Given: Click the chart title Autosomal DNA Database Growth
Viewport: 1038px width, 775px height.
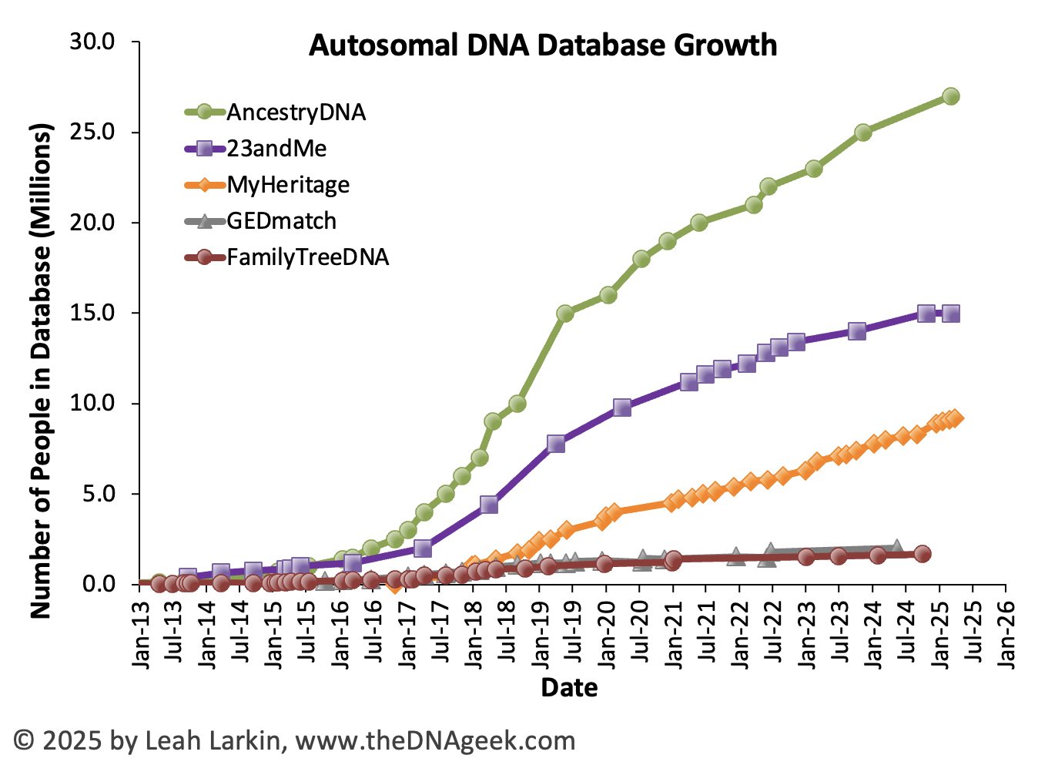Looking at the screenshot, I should coord(543,45).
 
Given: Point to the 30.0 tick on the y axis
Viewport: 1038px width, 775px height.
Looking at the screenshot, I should coord(92,42).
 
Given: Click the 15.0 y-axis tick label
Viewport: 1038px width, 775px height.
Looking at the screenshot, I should coord(92,313).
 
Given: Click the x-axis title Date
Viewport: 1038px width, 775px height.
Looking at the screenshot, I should coord(569,687).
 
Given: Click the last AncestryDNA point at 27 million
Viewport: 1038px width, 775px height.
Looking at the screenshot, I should coord(951,96).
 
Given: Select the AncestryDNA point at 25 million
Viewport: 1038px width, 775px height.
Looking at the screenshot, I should coord(863,133).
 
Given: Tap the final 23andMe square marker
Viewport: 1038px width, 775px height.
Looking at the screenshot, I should coord(951,314).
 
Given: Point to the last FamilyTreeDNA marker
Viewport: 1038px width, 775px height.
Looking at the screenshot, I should coord(922,554).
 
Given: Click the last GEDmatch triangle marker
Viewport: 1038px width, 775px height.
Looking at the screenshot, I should coord(896,548).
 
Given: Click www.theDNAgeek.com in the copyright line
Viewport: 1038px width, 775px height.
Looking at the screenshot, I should coord(435,741).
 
